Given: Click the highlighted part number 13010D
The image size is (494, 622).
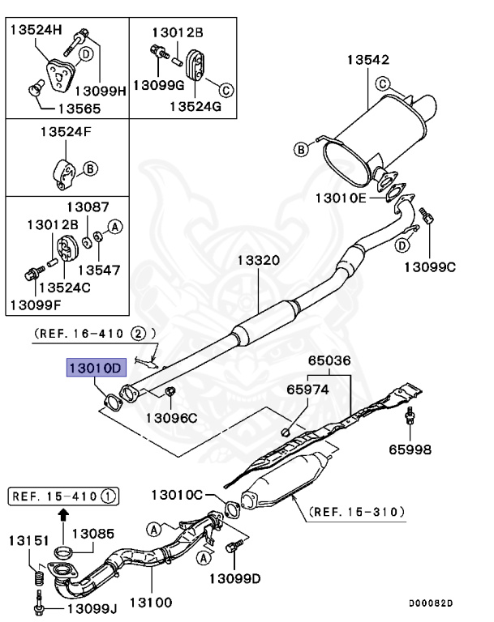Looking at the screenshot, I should click(x=95, y=369).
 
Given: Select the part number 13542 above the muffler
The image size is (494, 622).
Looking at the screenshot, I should click(x=368, y=60).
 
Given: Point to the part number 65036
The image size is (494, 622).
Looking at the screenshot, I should click(x=330, y=362).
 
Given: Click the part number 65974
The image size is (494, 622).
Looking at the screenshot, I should click(x=307, y=389).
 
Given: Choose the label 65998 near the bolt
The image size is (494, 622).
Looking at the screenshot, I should click(x=410, y=448).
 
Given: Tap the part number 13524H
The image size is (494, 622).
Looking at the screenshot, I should click(x=36, y=30).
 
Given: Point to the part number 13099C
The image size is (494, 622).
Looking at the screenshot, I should click(x=430, y=265).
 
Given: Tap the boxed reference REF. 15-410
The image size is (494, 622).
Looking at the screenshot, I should click(x=64, y=495).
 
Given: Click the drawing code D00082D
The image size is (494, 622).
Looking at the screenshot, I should click(x=431, y=603).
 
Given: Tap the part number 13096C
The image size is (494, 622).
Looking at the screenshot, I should click(x=171, y=418).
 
